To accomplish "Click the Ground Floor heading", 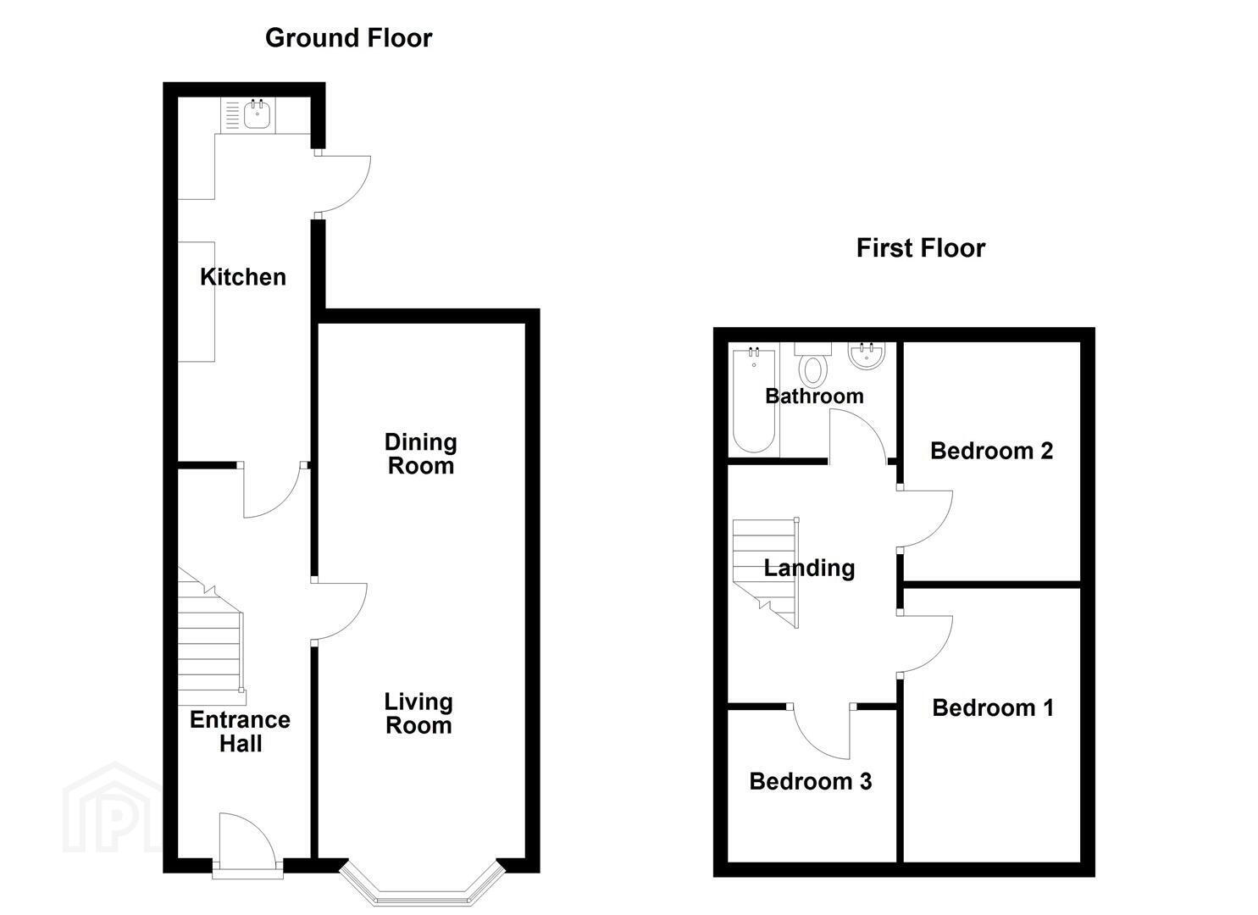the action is [349, 38].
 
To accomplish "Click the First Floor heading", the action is [921, 248].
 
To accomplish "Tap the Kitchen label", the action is [243, 277].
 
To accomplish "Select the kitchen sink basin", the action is [258, 115].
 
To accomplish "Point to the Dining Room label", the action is [421, 454].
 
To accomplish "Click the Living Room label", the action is [418, 713].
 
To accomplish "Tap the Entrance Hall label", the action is [241, 732].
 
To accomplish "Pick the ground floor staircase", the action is [212, 636].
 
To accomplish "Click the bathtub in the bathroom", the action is [754, 400].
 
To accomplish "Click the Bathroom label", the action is [814, 396].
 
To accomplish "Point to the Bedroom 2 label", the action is [992, 451].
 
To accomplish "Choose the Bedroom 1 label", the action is [993, 708].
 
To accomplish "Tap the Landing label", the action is [809, 568].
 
